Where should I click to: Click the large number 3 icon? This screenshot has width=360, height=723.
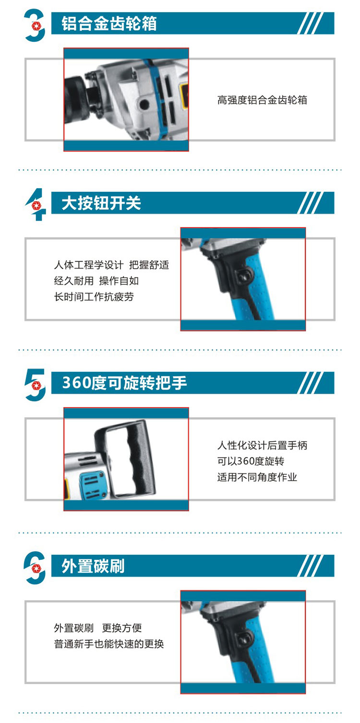35,25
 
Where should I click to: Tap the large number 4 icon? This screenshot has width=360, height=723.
36,205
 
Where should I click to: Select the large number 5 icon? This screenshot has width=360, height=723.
35,385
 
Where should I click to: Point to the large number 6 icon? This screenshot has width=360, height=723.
35,568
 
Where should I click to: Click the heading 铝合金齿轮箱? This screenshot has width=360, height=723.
109,24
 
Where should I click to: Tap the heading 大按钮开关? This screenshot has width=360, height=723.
101,203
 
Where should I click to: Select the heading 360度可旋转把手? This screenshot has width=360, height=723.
125,383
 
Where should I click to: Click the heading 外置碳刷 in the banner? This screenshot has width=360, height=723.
93,566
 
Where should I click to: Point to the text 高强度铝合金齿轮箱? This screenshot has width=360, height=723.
262,100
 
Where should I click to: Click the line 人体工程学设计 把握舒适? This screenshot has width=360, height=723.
111,265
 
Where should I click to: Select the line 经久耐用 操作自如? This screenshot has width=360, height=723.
96,281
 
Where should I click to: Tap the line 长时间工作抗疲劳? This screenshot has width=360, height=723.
94,296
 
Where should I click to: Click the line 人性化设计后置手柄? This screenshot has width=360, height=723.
262,445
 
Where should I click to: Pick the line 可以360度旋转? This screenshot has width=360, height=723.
251,461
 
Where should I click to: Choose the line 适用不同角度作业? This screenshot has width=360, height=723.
257,477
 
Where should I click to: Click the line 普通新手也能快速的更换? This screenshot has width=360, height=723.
109,644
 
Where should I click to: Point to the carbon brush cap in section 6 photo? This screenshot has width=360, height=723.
243,638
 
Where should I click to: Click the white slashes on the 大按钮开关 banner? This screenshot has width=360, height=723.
310,202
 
